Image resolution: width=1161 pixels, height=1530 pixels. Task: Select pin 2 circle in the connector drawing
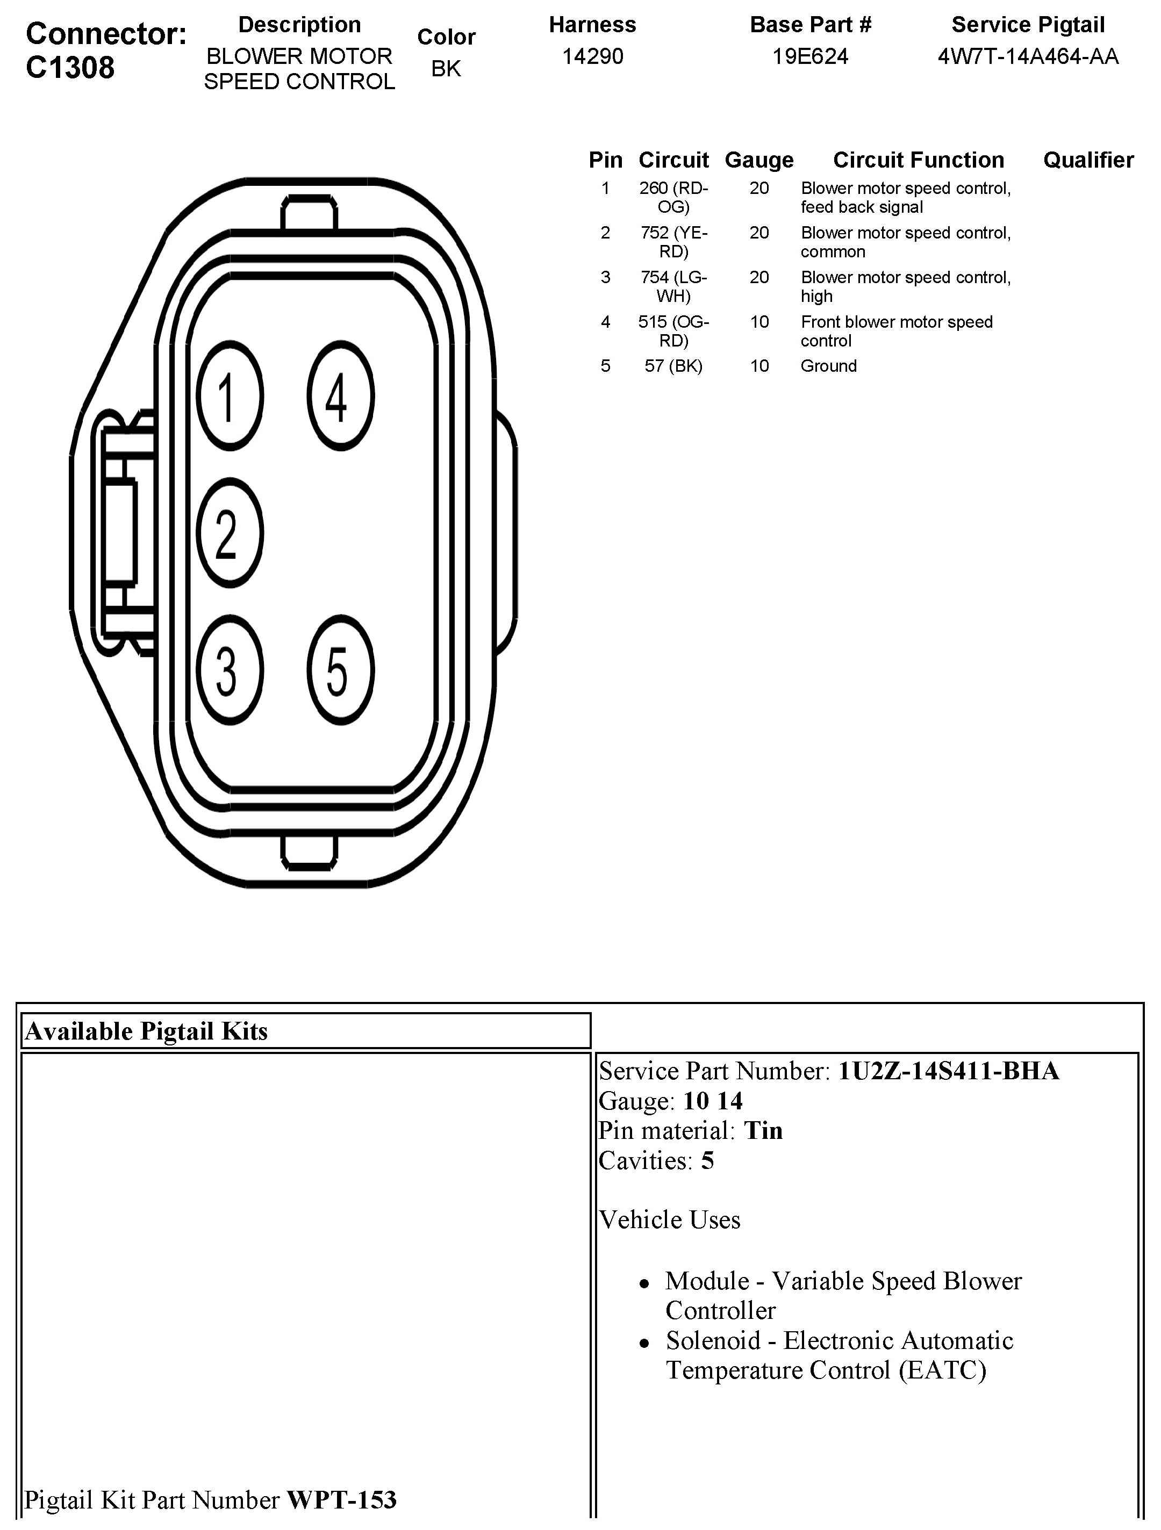[x=229, y=532]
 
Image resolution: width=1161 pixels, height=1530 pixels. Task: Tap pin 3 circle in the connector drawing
[x=229, y=669]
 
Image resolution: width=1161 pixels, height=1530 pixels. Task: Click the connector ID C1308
[x=70, y=68]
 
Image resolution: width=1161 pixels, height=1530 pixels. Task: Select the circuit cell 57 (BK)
[x=673, y=366]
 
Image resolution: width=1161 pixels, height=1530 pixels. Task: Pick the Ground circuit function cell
[x=828, y=366]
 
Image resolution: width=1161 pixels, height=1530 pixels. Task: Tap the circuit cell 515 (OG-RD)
[x=673, y=330]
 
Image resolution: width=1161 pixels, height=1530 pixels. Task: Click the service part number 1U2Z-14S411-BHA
[x=948, y=1071]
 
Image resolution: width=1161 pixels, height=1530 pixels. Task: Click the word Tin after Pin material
[x=763, y=1130]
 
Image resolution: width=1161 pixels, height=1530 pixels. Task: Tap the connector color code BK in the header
[x=446, y=68]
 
